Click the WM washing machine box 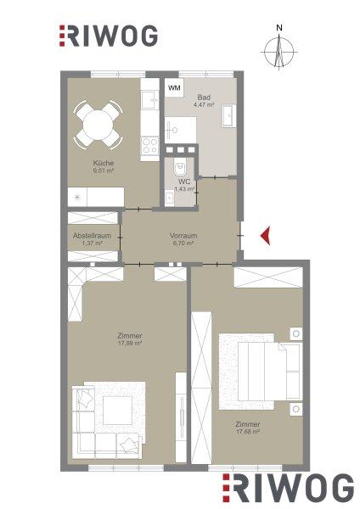pos(174,87)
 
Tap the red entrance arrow pos(266,235)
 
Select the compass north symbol pos(279,49)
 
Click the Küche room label pos(103,163)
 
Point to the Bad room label pos(204,97)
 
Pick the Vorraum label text pos(183,236)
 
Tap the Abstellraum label pos(92,236)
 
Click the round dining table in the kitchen pos(98,125)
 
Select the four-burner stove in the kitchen pos(149,146)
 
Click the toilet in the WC pos(180,168)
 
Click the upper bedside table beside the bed pos(296,333)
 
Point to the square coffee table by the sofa pos(118,410)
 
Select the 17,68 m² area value pos(248,432)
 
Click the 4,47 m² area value pos(204,104)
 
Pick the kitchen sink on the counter pos(149,100)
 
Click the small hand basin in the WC pos(169,198)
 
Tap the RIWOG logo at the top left pos(108,36)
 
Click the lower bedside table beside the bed pos(296,409)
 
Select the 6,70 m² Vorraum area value pos(183,243)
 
